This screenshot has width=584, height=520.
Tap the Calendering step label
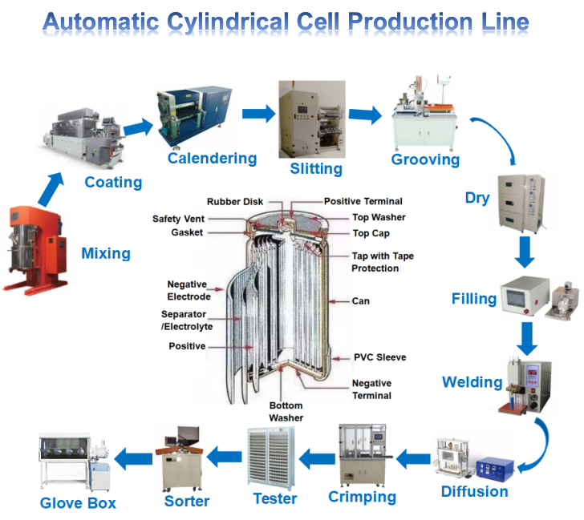[212, 158]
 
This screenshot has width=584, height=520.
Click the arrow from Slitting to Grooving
[366, 115]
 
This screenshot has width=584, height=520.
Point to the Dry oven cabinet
[522, 200]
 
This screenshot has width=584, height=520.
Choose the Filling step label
[474, 299]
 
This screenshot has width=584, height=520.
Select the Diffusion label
[474, 491]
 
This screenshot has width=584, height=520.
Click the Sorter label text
[187, 502]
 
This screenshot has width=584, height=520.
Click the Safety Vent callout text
[177, 219]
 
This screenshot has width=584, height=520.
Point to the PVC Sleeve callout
[380, 357]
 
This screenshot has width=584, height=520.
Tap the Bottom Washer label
[286, 412]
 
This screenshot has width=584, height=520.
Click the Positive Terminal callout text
[363, 201]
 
